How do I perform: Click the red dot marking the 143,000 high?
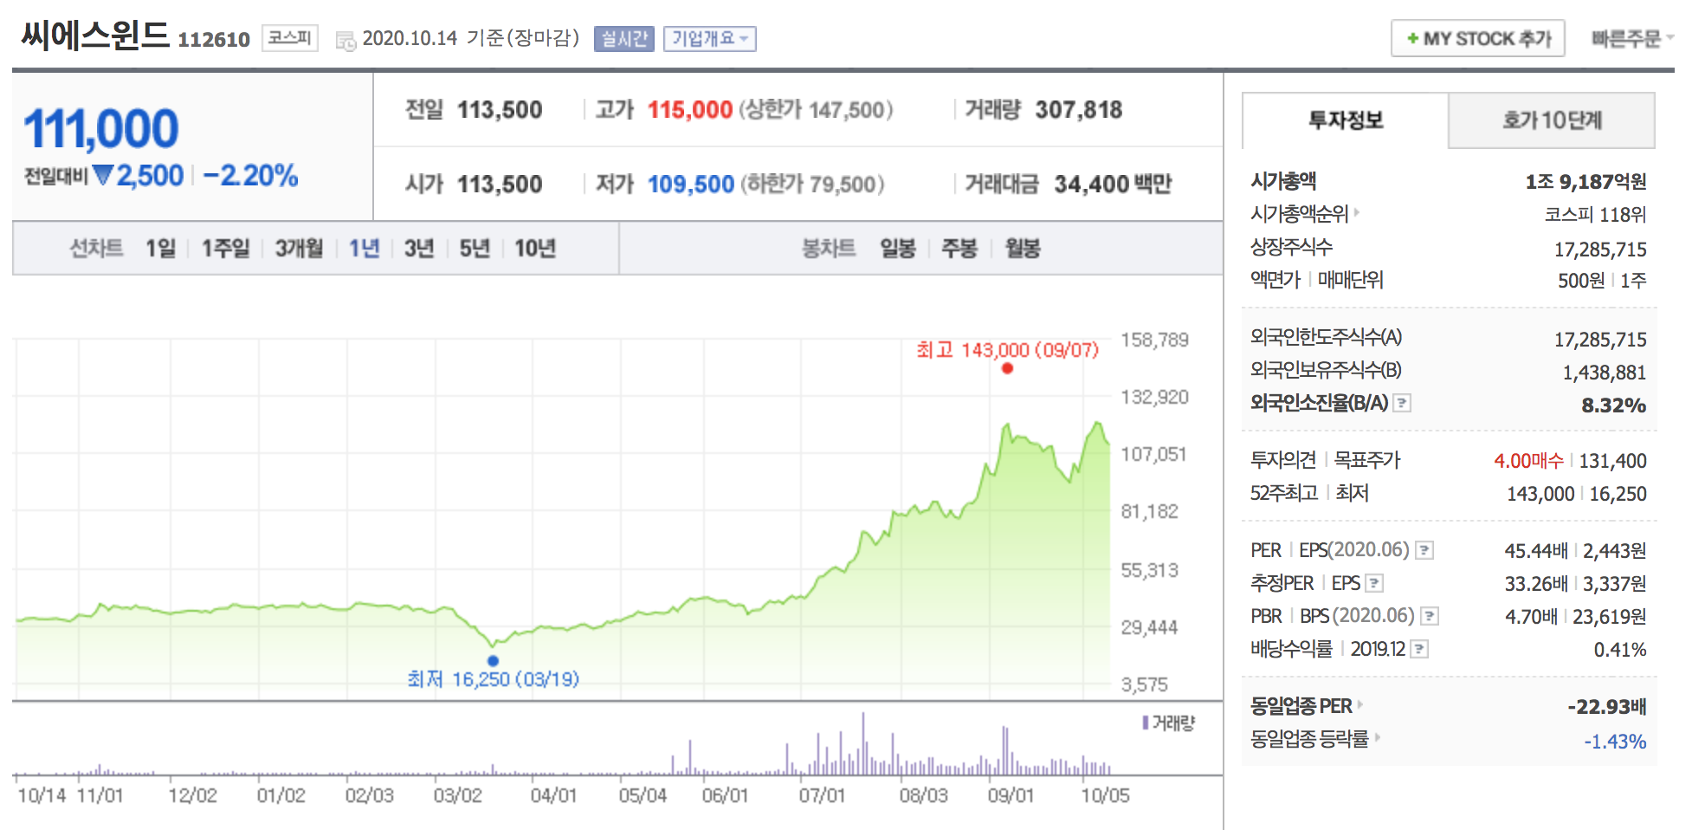[1007, 368]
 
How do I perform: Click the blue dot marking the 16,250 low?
[493, 660]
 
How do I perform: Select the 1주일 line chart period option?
[225, 249]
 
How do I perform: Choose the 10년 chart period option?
[534, 249]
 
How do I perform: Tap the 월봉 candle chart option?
[1022, 249]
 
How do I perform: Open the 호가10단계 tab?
[1551, 120]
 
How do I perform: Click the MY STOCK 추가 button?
[1477, 39]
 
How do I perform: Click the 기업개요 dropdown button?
[709, 39]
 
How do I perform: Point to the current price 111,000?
[101, 129]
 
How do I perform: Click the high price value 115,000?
[690, 110]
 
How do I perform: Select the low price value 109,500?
[690, 185]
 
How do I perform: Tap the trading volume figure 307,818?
[1078, 110]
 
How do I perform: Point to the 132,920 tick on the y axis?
[1154, 397]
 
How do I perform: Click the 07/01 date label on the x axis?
[821, 795]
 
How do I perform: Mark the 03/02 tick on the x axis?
[457, 795]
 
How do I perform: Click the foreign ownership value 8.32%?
[1613, 405]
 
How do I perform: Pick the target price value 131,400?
[1612, 461]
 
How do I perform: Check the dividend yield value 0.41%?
[1619, 650]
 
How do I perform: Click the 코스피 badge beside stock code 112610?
[289, 38]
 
